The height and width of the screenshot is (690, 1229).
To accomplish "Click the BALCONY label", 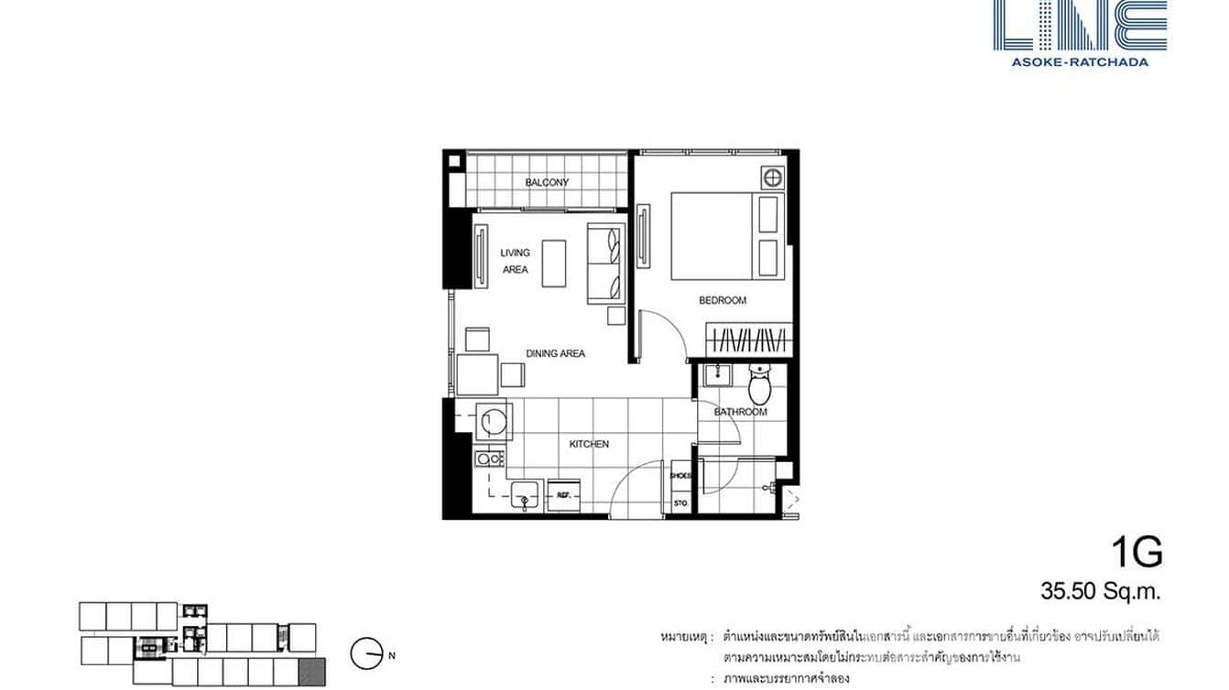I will [x=547, y=182].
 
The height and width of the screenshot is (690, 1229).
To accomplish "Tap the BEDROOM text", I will [x=723, y=300].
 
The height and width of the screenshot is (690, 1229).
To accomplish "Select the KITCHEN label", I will [x=589, y=444].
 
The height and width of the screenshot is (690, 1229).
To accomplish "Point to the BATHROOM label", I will [x=741, y=412].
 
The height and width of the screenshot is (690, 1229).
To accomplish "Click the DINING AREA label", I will [x=555, y=353].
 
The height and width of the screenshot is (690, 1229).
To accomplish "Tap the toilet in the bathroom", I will [x=760, y=385].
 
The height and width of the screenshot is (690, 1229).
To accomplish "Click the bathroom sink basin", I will [x=715, y=374].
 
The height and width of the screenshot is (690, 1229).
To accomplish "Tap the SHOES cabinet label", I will [x=680, y=476].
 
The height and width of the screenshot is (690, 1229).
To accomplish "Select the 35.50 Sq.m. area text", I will [x=1100, y=591].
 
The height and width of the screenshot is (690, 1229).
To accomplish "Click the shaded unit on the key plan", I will [x=314, y=673].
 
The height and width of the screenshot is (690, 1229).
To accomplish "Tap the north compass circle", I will [x=365, y=652].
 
